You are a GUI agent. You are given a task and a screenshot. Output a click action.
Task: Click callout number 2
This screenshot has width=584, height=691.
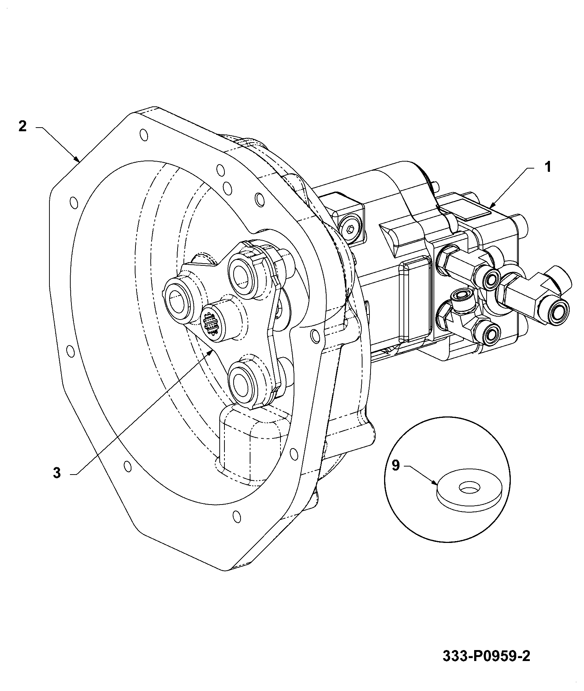pyautogui.click(x=22, y=126)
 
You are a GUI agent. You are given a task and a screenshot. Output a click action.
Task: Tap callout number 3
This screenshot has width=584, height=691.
pyautogui.click(x=56, y=473)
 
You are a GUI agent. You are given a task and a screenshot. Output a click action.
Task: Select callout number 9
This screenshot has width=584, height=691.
pyautogui.click(x=396, y=465)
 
